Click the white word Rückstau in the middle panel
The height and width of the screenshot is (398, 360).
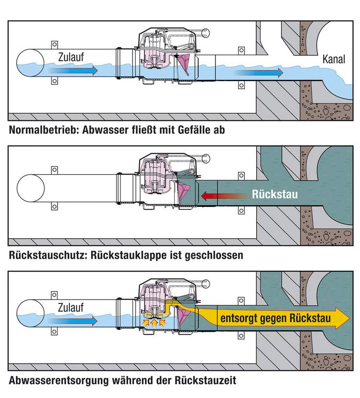pyautogui.click(x=275, y=194)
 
